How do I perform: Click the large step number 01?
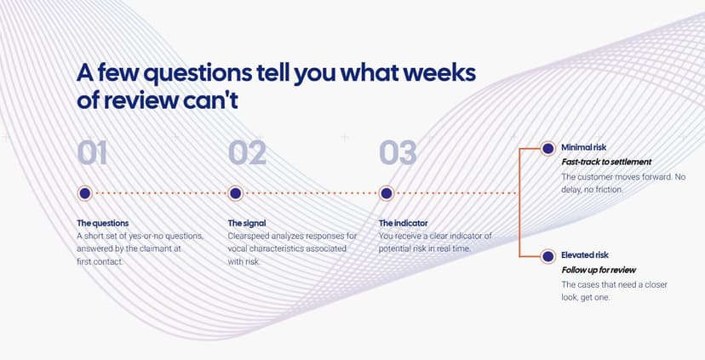pos(92,153)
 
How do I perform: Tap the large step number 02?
pos(247,153)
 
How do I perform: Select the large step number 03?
pos(398,153)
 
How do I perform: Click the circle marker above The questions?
pos(84,194)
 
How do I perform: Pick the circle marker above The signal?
pos(235,194)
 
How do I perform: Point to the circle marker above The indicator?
pos(387,194)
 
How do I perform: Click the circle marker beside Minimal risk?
pos(547,148)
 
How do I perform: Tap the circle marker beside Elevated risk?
pos(547,257)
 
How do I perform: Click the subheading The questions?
pos(102,223)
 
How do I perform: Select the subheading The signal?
pos(247,223)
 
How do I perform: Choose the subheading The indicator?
pos(404,223)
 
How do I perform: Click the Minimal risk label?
pos(583,147)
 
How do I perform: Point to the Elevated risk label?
pos(584,255)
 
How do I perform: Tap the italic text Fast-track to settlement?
pos(606,162)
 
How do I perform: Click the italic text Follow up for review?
pos(599,270)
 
